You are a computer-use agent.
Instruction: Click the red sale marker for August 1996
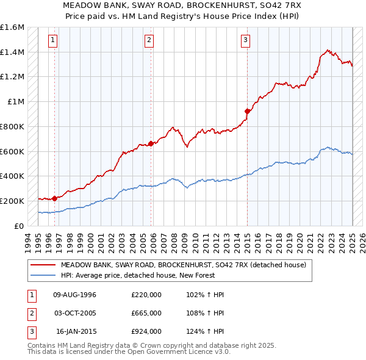[54, 198]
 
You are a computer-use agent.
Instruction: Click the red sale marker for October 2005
[151, 144]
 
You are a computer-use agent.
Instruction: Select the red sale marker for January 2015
[247, 111]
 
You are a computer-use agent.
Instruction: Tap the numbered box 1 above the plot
[54, 41]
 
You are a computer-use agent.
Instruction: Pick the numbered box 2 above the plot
[149, 41]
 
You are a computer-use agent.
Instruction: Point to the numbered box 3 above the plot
[245, 41]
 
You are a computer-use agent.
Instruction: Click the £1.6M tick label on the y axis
[12, 27]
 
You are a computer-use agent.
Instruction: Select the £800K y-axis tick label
[12, 126]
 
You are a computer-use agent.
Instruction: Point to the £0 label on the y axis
[19, 226]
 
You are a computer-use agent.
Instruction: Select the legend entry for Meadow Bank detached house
[187, 265]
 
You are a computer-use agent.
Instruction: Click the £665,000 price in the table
[146, 313]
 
